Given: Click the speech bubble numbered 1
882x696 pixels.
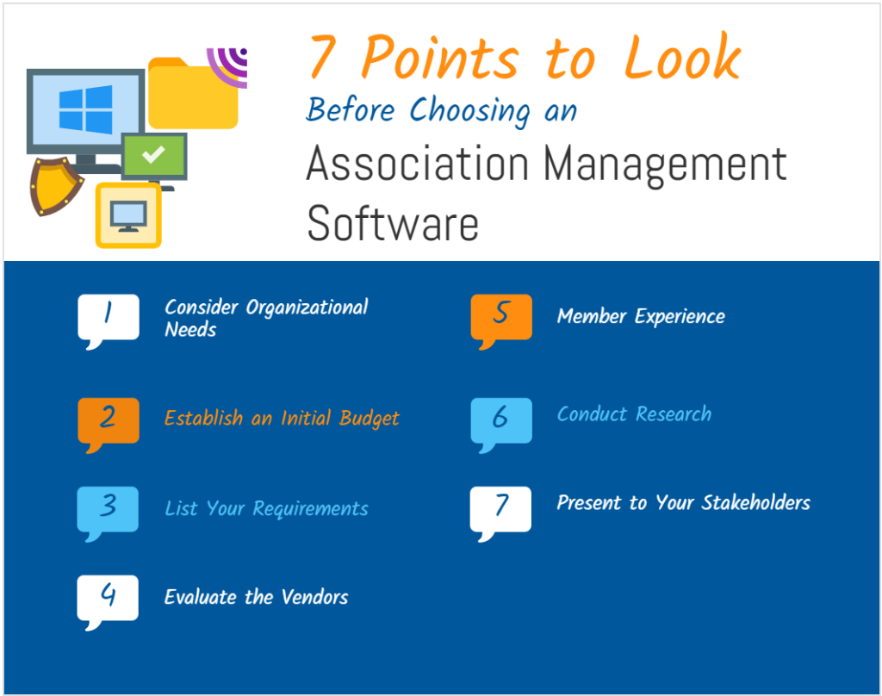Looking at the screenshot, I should pyautogui.click(x=108, y=317).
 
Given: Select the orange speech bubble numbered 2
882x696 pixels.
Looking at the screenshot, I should pyautogui.click(x=108, y=420).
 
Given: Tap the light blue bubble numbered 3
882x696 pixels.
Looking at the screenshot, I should pyautogui.click(x=108, y=509).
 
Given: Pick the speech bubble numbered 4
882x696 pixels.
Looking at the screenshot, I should pyautogui.click(x=108, y=598).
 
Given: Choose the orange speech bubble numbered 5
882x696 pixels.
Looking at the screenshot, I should pyautogui.click(x=501, y=317).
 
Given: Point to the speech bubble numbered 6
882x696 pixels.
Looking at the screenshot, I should pyautogui.click(x=501, y=420).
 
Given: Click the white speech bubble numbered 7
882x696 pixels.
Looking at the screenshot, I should pyautogui.click(x=501, y=509).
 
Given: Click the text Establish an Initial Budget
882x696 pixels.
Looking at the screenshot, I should pyautogui.click(x=282, y=419).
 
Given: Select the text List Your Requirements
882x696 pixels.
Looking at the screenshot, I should pyautogui.click(x=266, y=509).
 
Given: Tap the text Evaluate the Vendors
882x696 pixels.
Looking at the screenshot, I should pyautogui.click(x=256, y=597).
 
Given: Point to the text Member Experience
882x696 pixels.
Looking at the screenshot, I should pyautogui.click(x=641, y=317).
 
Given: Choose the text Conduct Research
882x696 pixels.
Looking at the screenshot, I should pyautogui.click(x=634, y=414).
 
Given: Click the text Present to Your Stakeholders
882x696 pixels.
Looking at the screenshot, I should pyautogui.click(x=683, y=503).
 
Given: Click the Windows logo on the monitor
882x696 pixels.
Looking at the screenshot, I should pyautogui.click(x=85, y=109).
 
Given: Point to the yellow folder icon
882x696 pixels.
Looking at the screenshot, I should pyautogui.click(x=192, y=95).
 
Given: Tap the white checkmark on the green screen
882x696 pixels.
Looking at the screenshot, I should pyautogui.click(x=153, y=155).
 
